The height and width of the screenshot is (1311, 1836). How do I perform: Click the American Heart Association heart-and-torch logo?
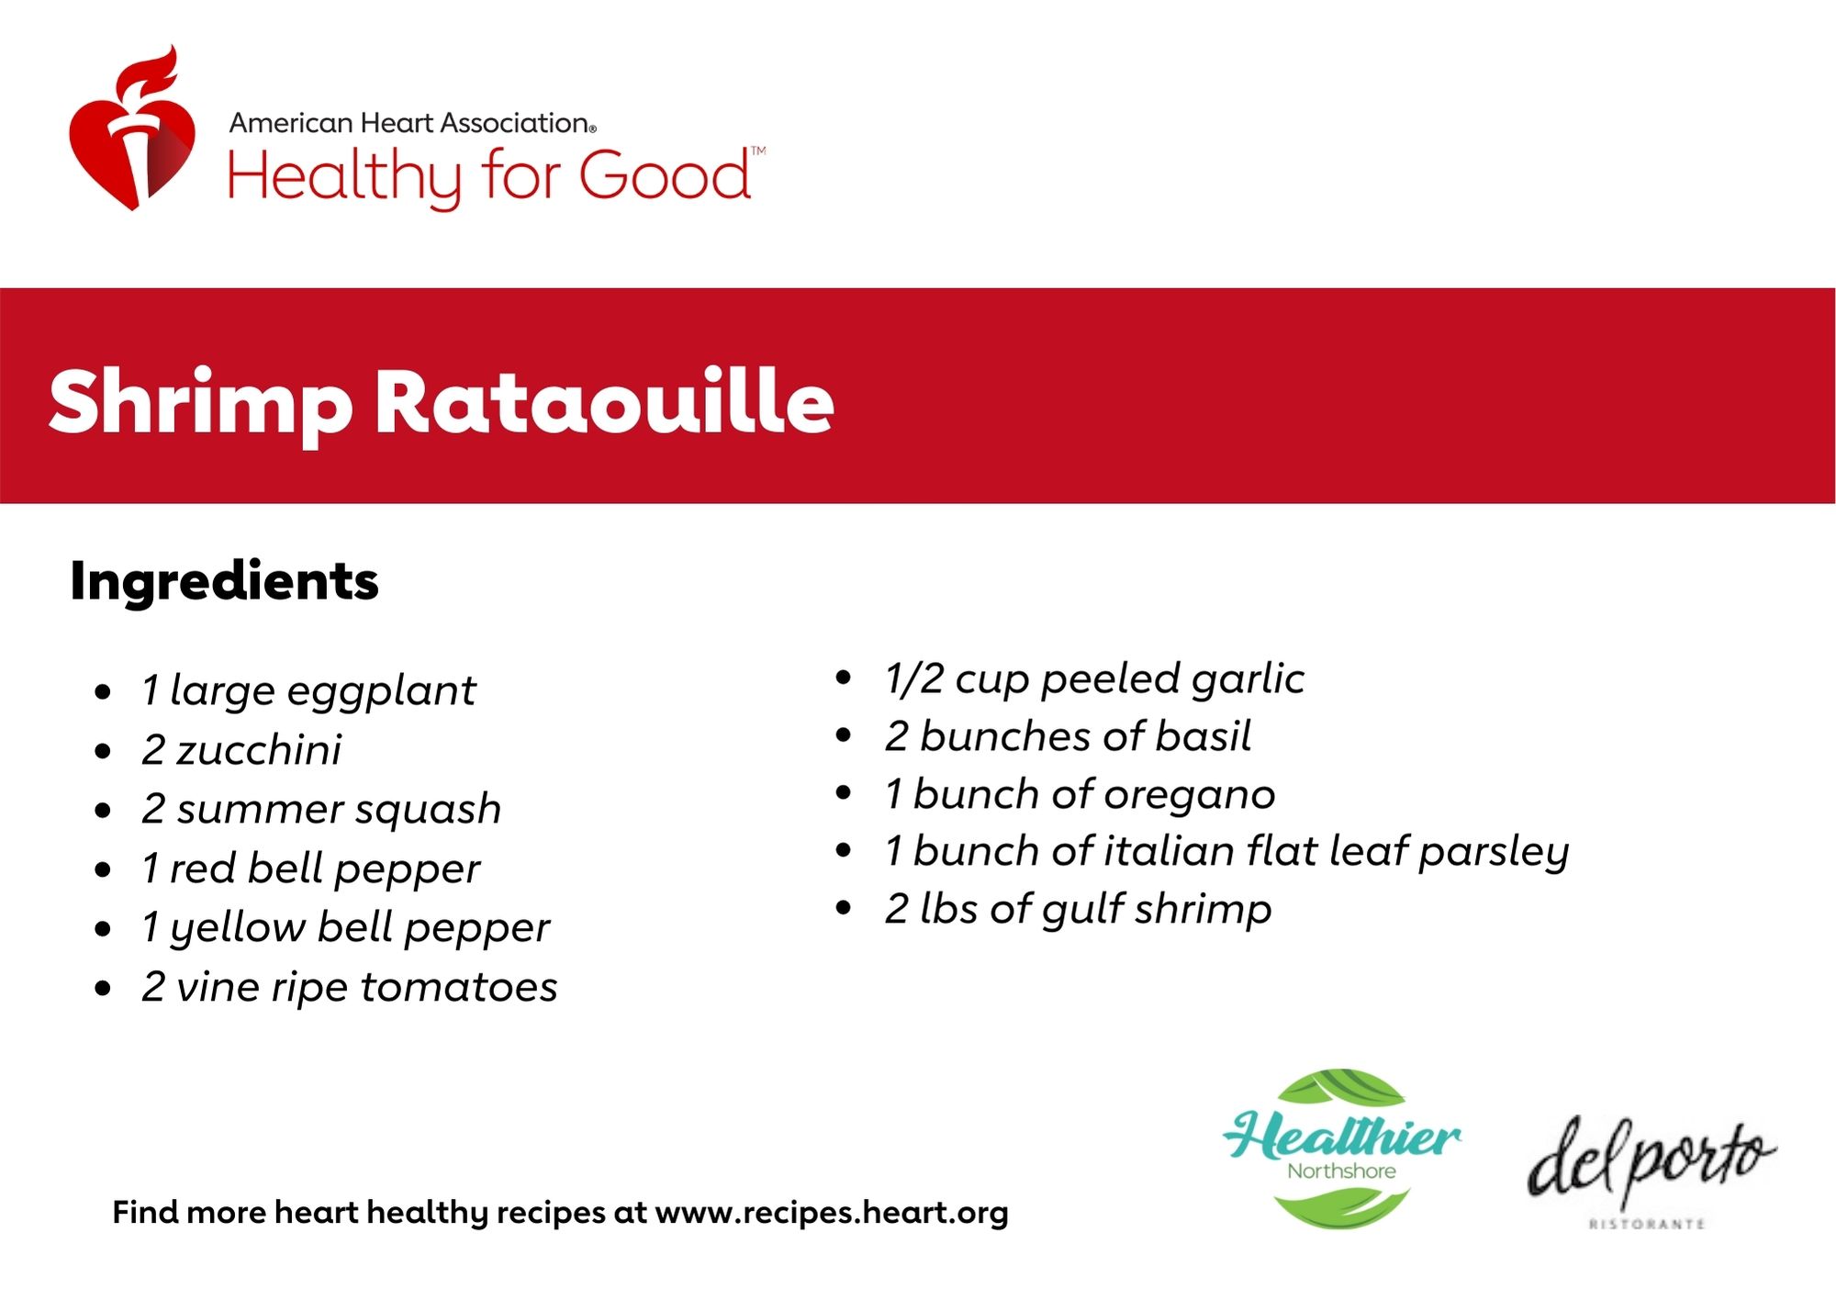pyautogui.click(x=133, y=128)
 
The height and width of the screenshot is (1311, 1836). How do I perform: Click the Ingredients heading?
pyautogui.click(x=224, y=582)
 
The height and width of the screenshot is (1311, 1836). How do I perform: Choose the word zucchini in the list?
pyautogui.click(x=259, y=750)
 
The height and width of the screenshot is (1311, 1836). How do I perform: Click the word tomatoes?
pyautogui.click(x=459, y=988)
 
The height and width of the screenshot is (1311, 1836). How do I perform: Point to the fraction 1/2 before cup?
pyautogui.click(x=913, y=678)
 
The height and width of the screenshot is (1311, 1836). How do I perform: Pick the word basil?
pyautogui.click(x=1203, y=736)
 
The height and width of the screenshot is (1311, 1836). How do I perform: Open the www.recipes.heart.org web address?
pyautogui.click(x=832, y=1214)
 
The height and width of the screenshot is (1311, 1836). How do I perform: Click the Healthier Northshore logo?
pyautogui.click(x=1342, y=1149)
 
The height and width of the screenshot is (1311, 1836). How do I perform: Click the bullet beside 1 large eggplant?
pyautogui.click(x=103, y=692)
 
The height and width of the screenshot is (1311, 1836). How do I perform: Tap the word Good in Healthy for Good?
pyautogui.click(x=666, y=175)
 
